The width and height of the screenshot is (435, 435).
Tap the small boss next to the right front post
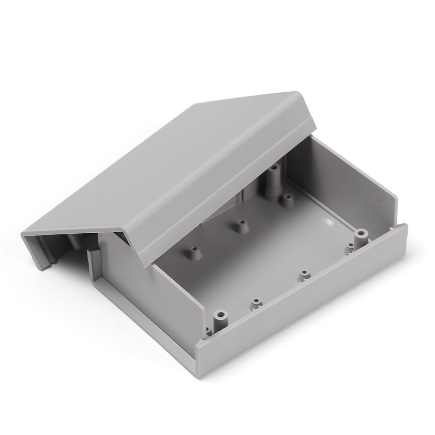[350, 249]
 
